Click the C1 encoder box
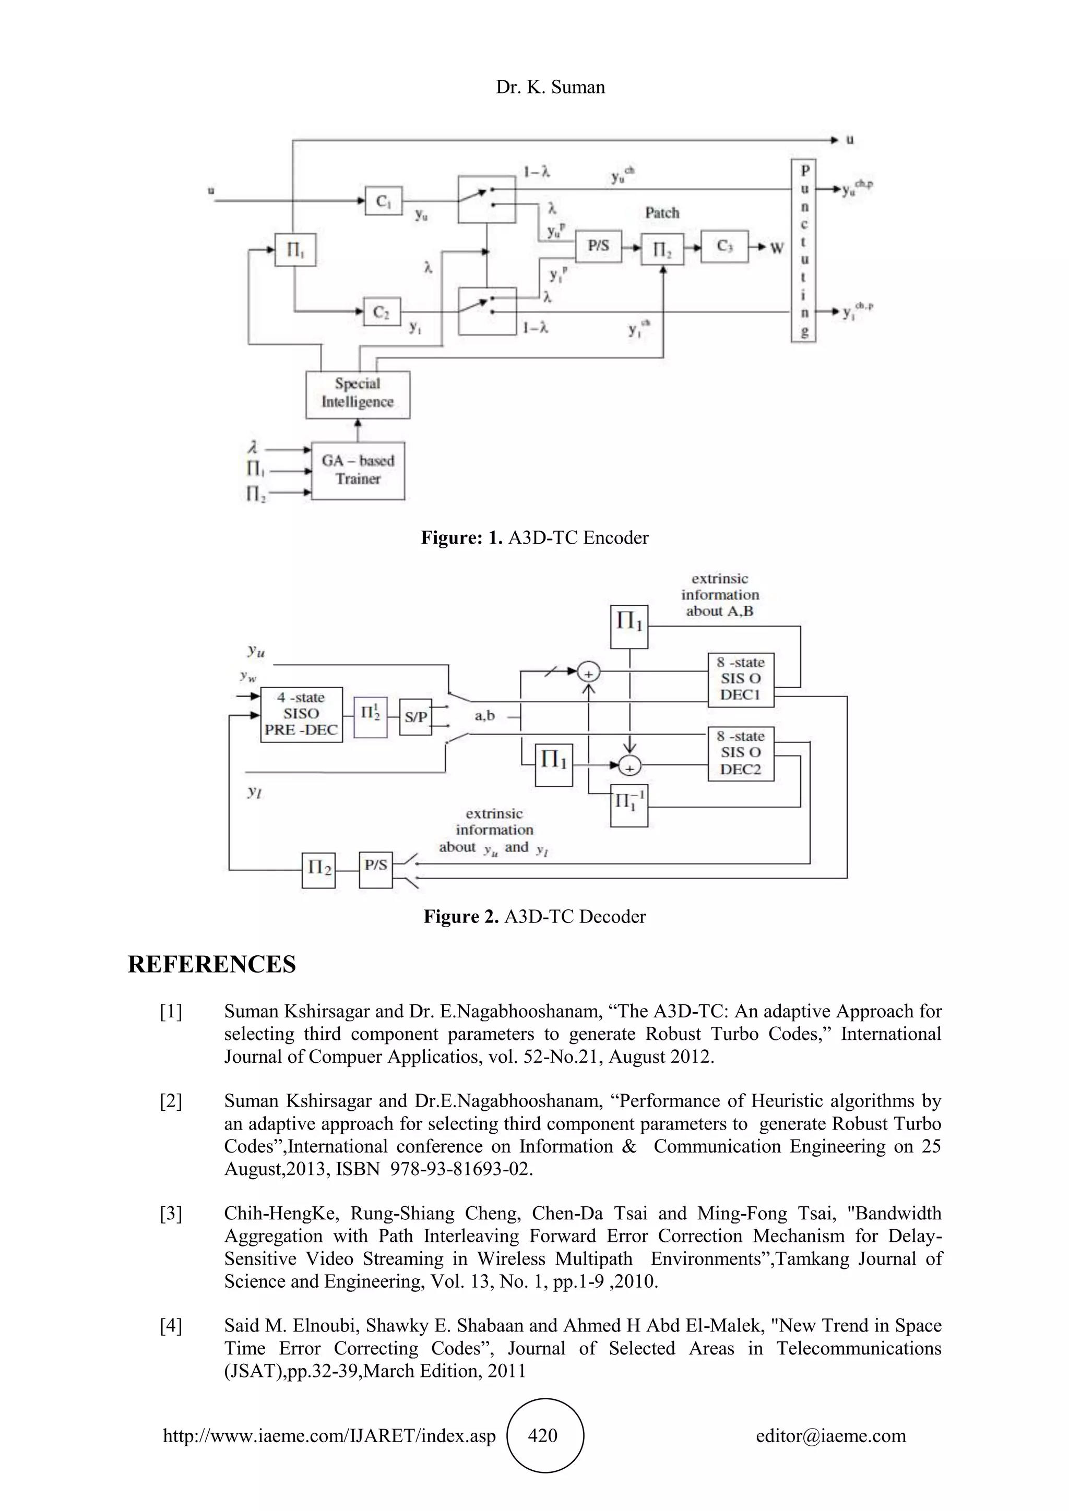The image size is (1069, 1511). [383, 201]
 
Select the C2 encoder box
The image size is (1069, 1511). [382, 311]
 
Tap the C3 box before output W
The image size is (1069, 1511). [724, 247]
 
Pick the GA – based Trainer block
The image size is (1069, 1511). [358, 470]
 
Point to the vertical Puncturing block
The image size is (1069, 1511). [804, 251]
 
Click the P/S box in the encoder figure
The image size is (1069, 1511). [598, 246]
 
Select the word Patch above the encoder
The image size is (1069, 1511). [661, 212]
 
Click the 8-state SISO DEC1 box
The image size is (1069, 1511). [741, 679]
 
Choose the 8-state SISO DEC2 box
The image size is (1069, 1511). [741, 753]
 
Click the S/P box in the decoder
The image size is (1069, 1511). [415, 717]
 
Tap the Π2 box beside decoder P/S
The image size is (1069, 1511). [318, 869]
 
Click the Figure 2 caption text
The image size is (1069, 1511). [534, 917]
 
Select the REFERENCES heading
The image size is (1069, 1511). [211, 964]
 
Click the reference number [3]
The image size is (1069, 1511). [171, 1213]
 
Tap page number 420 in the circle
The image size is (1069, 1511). [542, 1435]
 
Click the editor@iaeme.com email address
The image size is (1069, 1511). [830, 1435]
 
